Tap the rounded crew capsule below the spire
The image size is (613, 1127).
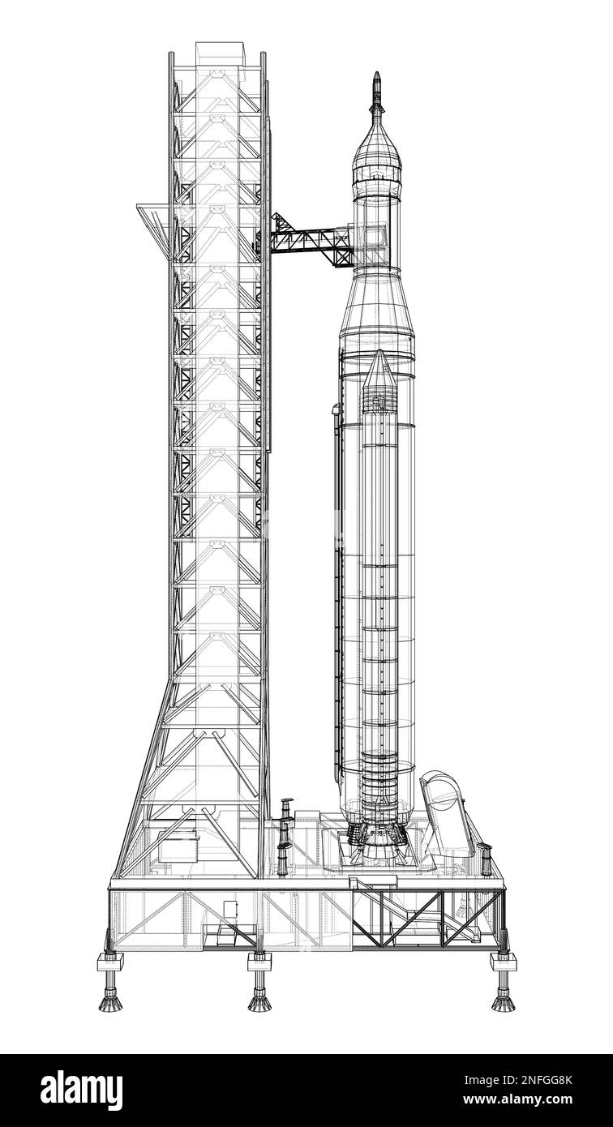click(x=376, y=150)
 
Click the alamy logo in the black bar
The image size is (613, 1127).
click(x=81, y=1091)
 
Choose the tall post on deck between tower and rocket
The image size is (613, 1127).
click(x=285, y=835)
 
